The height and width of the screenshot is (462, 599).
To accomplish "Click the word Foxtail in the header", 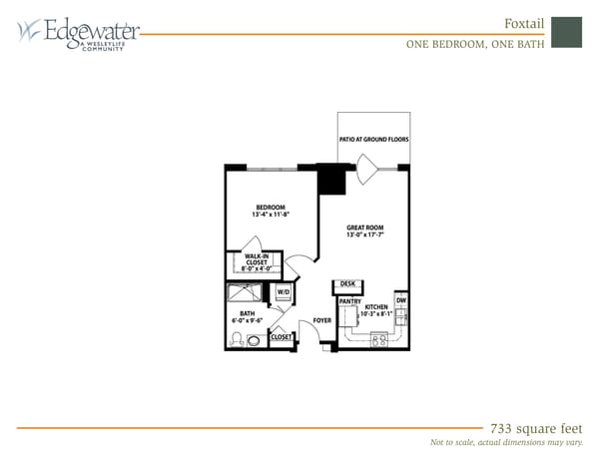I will [x=523, y=23].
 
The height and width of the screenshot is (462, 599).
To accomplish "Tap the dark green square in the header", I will [x=566, y=31].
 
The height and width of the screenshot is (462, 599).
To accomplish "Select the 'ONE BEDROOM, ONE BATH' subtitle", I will [x=475, y=44].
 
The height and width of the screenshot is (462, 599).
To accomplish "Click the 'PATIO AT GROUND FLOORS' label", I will [x=373, y=140].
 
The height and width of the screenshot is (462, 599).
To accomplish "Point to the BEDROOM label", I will [x=270, y=209].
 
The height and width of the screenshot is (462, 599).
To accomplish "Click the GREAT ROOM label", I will [x=364, y=228].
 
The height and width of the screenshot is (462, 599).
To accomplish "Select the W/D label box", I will [x=283, y=292].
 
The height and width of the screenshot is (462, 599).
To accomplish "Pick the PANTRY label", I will [x=349, y=300].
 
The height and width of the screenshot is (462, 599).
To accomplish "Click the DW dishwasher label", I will [x=400, y=300].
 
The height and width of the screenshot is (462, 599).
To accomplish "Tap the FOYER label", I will [x=321, y=320].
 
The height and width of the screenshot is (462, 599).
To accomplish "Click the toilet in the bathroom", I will [x=237, y=339].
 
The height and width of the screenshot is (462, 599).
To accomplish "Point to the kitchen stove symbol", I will [x=379, y=339].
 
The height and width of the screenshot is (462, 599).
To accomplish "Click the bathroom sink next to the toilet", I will [x=254, y=339].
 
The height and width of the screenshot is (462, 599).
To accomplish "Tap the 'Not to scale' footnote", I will [x=505, y=442].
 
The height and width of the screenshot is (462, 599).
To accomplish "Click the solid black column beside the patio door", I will [x=329, y=180].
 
